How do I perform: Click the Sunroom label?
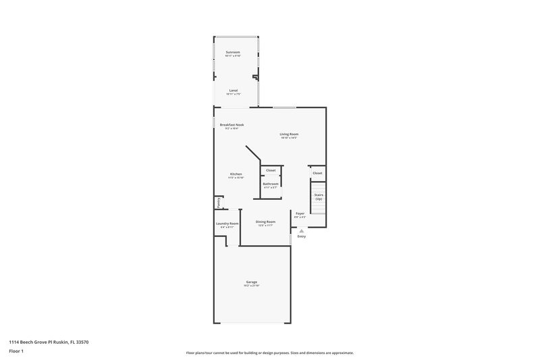[233, 51]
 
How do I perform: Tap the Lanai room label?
[234, 90]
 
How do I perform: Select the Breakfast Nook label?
[232, 125]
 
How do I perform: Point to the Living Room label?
[290, 134]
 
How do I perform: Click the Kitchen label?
[236, 174]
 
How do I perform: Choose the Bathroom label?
[271, 184]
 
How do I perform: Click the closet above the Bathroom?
[271, 170]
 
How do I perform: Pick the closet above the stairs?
[317, 173]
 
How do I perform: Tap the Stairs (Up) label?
[318, 197]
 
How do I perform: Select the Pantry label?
[219, 202]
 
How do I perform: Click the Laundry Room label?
[227, 224]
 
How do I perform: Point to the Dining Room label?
[265, 222]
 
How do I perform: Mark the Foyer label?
[300, 213]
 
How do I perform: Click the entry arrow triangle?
[301, 230]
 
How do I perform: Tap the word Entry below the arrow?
[301, 236]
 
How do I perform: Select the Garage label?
[251, 282]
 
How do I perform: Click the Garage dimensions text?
[251, 286]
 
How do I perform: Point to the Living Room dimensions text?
[290, 138]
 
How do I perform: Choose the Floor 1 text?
[16, 352]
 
